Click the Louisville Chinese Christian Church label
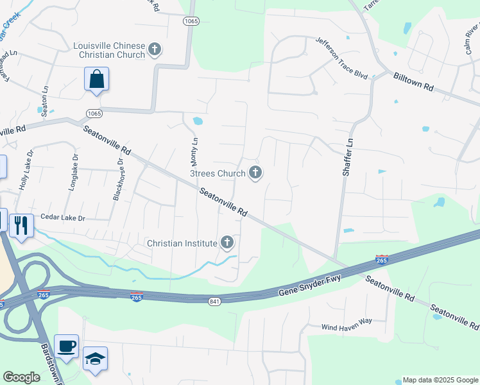point(109,50)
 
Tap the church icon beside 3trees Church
point(255,173)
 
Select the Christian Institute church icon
point(227,243)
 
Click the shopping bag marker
point(96,80)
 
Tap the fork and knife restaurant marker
point(21,225)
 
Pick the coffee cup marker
point(67,346)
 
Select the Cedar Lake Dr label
point(63,218)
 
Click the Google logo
point(21,377)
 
